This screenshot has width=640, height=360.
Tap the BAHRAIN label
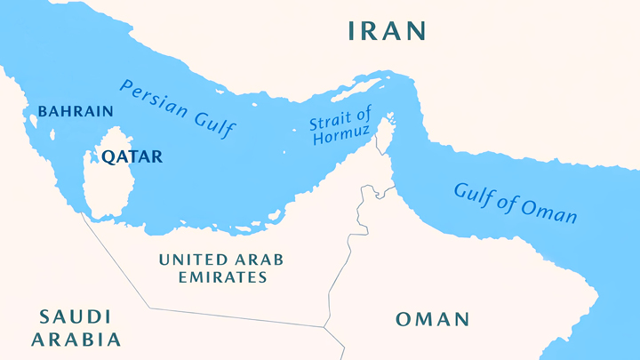coord(76,112)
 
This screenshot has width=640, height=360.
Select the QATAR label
coord(132,157)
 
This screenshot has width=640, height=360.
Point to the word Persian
coord(152,98)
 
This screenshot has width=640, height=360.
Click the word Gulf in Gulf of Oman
coord(474,193)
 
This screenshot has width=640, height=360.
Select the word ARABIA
coord(76,339)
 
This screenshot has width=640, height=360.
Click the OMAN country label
coord(433,319)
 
